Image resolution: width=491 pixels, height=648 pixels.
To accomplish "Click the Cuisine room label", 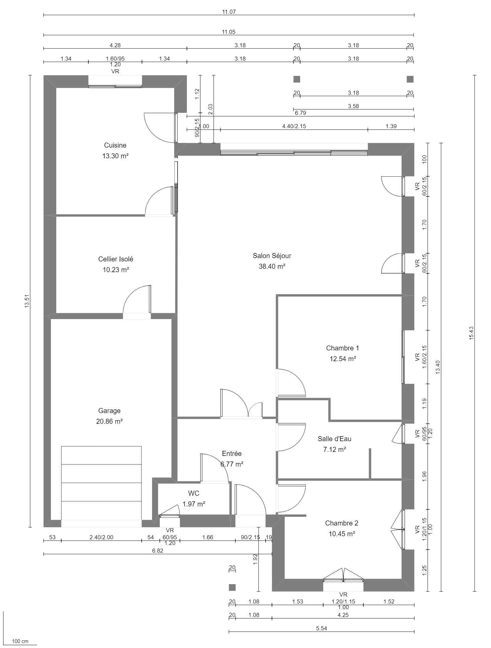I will [x=115, y=145].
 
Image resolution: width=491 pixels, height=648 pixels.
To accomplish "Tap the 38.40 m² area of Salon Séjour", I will [x=272, y=266].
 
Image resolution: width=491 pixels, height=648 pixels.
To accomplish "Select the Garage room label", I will [x=109, y=411].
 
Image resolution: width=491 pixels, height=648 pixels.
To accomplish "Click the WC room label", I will [x=194, y=493].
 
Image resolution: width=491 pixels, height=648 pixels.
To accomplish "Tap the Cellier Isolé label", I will [x=116, y=259].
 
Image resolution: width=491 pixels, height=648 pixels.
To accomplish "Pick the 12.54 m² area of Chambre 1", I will [x=342, y=359].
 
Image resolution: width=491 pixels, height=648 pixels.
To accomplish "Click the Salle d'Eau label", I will [x=334, y=439].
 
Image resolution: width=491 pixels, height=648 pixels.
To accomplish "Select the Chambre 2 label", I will [x=342, y=523].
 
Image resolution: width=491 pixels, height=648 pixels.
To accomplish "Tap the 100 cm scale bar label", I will [x=20, y=641].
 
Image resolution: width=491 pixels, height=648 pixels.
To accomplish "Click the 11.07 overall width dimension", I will [x=229, y=12].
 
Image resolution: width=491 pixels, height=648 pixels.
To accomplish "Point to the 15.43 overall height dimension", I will [x=471, y=333].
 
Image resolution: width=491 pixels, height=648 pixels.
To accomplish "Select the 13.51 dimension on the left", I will [x=27, y=301].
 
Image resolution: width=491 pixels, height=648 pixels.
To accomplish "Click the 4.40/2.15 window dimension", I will [x=294, y=126].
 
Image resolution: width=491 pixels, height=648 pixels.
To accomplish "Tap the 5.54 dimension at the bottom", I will [x=321, y=628].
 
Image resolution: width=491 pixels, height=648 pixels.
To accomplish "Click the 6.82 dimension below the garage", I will [x=157, y=551].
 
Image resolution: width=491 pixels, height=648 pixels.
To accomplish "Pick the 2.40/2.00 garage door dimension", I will [x=101, y=537].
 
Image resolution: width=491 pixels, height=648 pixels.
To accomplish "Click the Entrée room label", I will [x=231, y=454].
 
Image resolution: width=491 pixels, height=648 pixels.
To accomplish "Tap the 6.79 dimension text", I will [x=300, y=113].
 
